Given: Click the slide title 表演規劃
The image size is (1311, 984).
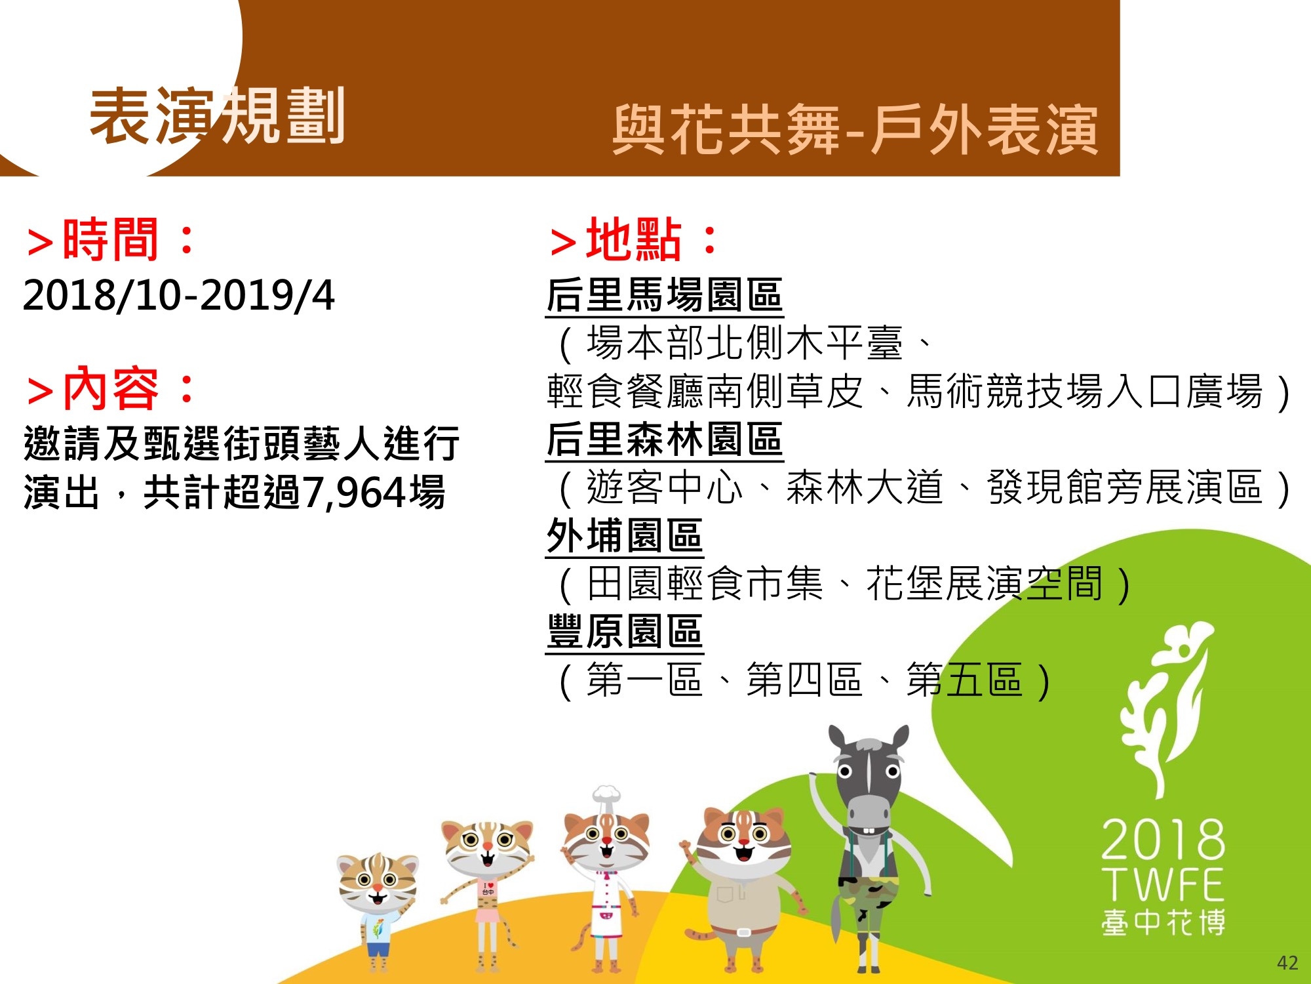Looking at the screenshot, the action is point(217,117).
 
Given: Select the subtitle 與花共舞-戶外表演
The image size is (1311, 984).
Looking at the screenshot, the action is point(855,130).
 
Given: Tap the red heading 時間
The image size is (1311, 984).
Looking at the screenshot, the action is point(111,239).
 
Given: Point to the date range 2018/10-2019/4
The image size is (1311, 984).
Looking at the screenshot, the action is point(178,295).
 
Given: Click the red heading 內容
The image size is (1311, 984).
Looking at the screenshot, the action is point(111,388).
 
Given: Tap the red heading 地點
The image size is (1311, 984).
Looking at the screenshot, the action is point(634,239).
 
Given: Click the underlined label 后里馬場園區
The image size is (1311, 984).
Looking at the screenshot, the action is point(664,295).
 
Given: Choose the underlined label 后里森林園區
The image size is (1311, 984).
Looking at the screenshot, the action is point(664,440).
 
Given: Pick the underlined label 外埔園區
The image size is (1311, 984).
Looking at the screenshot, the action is point(624,536).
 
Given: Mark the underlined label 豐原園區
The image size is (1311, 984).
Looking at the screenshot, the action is point(624,632).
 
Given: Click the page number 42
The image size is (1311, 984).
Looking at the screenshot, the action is point(1287,963).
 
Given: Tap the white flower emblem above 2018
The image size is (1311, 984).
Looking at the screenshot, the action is point(1164,708).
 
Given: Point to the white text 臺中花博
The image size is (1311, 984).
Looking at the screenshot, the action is point(1164,922).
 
